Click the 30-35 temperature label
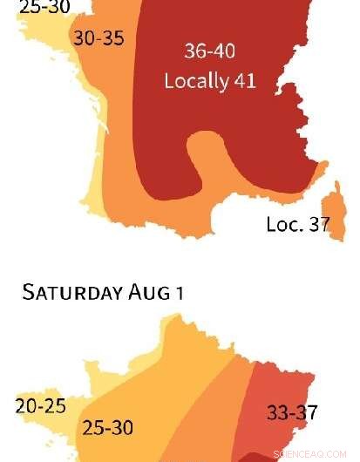(x=98, y=39)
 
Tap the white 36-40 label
(x=209, y=51)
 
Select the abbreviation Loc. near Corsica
(x=284, y=225)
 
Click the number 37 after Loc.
(x=318, y=224)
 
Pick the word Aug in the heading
(x=149, y=292)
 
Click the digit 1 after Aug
(x=179, y=292)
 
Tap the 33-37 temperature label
(x=292, y=412)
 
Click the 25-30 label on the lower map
(x=107, y=428)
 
